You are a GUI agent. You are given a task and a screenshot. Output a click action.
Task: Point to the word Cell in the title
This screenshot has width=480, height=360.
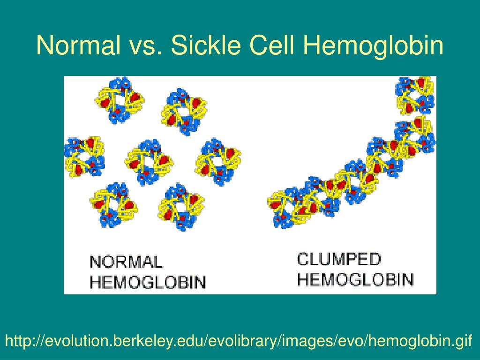[275, 45]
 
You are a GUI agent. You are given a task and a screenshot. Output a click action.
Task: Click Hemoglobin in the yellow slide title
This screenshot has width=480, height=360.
[373, 45]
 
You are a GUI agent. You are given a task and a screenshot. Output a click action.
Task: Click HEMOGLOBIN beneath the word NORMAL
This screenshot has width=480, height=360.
[148, 282]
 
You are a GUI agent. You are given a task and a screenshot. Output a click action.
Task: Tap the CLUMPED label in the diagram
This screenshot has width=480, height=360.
[339, 259]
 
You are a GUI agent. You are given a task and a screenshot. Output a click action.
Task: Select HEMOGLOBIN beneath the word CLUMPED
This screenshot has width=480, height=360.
[356, 279]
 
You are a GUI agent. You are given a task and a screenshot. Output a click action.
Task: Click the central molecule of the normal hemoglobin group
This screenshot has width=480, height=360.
[149, 160]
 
